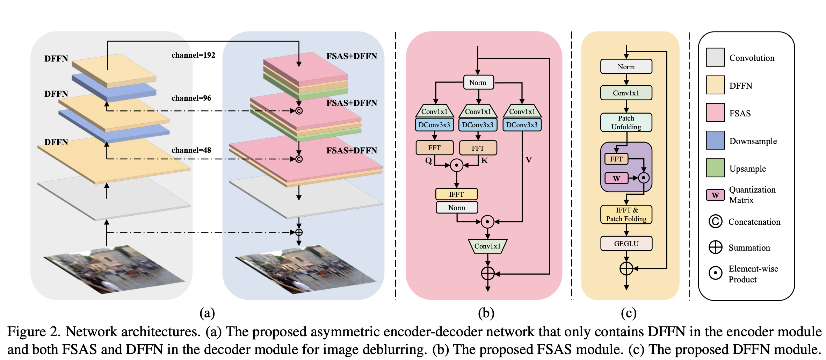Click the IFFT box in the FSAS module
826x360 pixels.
[x=456, y=194]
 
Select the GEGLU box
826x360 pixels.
[x=626, y=244]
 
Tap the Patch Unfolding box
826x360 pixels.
[x=626, y=122]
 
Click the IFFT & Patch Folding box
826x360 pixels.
[x=626, y=214]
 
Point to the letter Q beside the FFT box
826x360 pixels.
[x=428, y=160]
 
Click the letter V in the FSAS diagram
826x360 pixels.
[x=529, y=160]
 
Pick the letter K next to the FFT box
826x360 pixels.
[x=484, y=160]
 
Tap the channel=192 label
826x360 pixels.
[x=193, y=55]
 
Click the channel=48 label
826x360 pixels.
[x=191, y=150]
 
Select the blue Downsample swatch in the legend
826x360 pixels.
[x=715, y=141]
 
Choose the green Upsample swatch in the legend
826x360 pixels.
[x=715, y=168]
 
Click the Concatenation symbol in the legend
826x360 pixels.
[x=715, y=221]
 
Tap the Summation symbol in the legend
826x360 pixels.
[x=715, y=247]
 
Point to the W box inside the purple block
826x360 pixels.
[x=616, y=178]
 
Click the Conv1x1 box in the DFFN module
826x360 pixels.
[x=626, y=93]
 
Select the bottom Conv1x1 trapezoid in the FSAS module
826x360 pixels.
[x=487, y=246]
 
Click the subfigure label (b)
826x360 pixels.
[x=486, y=313]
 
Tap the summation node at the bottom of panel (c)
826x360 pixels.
[x=626, y=268]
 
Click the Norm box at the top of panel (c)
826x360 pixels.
[x=626, y=66]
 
